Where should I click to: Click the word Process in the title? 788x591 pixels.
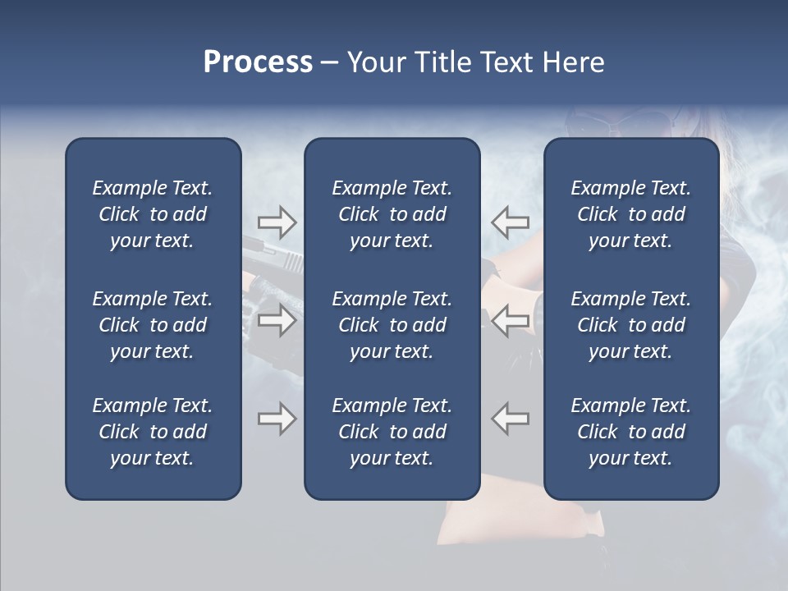click(258, 62)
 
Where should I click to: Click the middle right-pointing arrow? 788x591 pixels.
click(277, 320)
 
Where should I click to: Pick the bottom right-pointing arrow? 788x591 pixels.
click(277, 419)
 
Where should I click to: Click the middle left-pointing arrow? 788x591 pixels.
click(510, 320)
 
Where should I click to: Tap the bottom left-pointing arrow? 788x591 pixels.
click(510, 419)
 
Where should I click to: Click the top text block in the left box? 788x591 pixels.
click(152, 214)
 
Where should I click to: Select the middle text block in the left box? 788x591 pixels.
click(152, 325)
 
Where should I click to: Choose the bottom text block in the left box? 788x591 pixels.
click(152, 432)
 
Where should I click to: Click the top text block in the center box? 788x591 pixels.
click(392, 214)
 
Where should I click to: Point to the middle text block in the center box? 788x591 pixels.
click(392, 325)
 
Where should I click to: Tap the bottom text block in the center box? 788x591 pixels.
click(392, 432)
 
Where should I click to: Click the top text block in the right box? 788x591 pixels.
click(630, 214)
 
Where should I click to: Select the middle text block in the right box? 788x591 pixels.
click(630, 325)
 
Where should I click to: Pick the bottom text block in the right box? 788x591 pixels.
click(630, 432)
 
